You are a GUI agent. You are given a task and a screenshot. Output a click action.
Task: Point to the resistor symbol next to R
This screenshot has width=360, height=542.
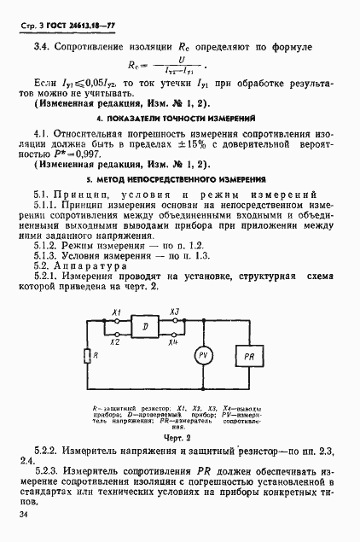pos(85,354)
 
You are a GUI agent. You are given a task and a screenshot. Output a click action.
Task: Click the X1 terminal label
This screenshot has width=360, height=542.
pos(114,312)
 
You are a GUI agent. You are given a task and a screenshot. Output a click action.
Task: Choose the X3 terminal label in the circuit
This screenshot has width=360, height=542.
pos(174,312)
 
